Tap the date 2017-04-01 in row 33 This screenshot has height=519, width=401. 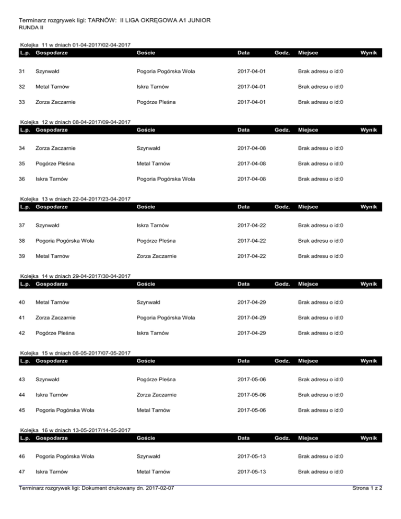251,102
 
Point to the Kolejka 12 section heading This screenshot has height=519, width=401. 75,122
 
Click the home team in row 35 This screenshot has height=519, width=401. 54,163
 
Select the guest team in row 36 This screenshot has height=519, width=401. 166,179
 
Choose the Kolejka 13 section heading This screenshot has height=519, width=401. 75,199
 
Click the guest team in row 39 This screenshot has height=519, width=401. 156,256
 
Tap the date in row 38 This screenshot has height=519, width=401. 251,241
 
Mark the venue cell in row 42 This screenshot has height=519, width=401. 321,333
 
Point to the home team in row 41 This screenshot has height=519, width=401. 56,317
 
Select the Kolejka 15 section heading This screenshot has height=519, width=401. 75,353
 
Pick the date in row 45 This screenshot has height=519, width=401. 251,410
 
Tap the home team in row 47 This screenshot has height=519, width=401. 51,471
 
